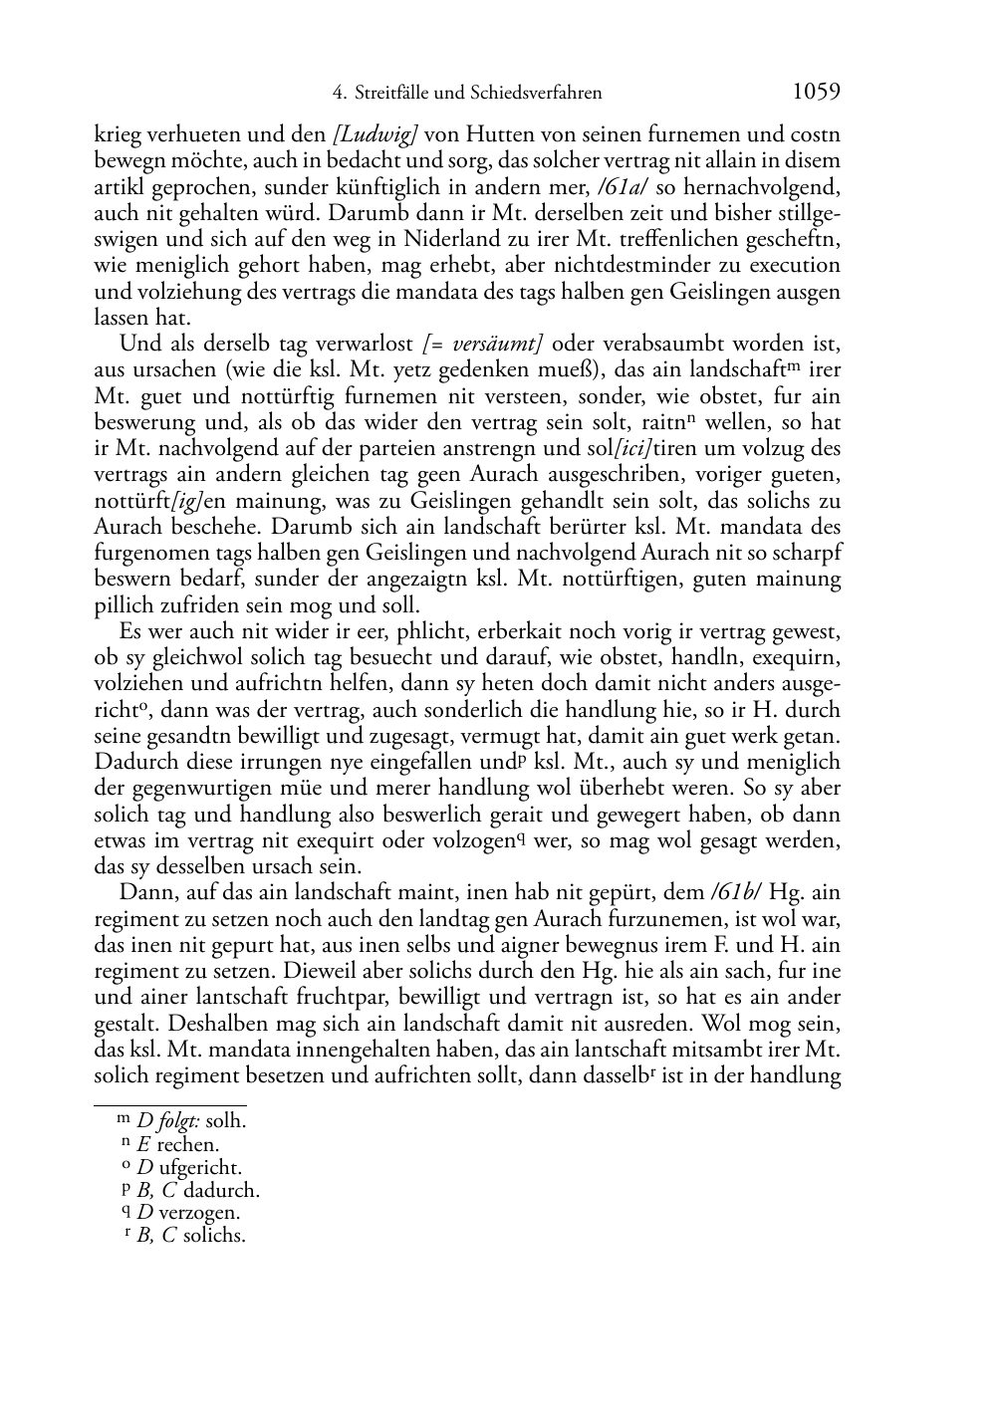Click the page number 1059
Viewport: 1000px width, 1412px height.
(817, 92)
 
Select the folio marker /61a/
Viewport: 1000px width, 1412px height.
(624, 186)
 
